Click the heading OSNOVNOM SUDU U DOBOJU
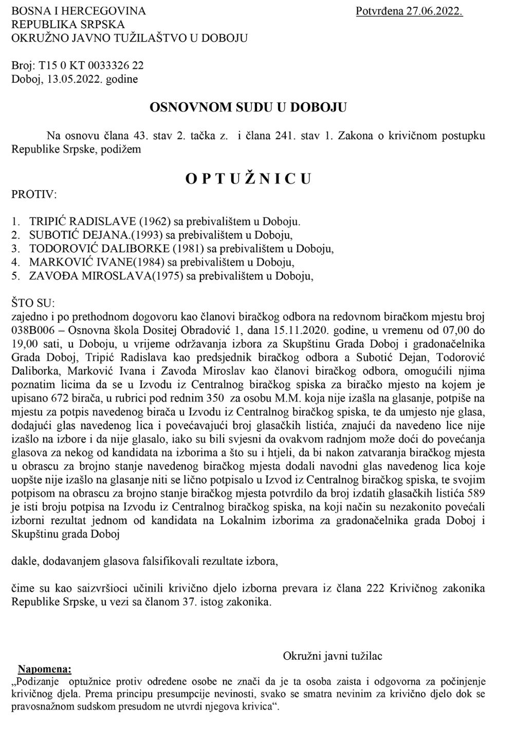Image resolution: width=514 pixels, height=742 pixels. click(x=248, y=107)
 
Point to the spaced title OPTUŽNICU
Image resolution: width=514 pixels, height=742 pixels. click(x=249, y=178)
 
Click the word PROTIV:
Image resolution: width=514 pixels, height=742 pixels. click(x=34, y=195)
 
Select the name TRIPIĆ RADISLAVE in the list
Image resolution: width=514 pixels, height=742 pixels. click(x=83, y=222)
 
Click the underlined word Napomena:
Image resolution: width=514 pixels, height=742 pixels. click(x=45, y=669)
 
